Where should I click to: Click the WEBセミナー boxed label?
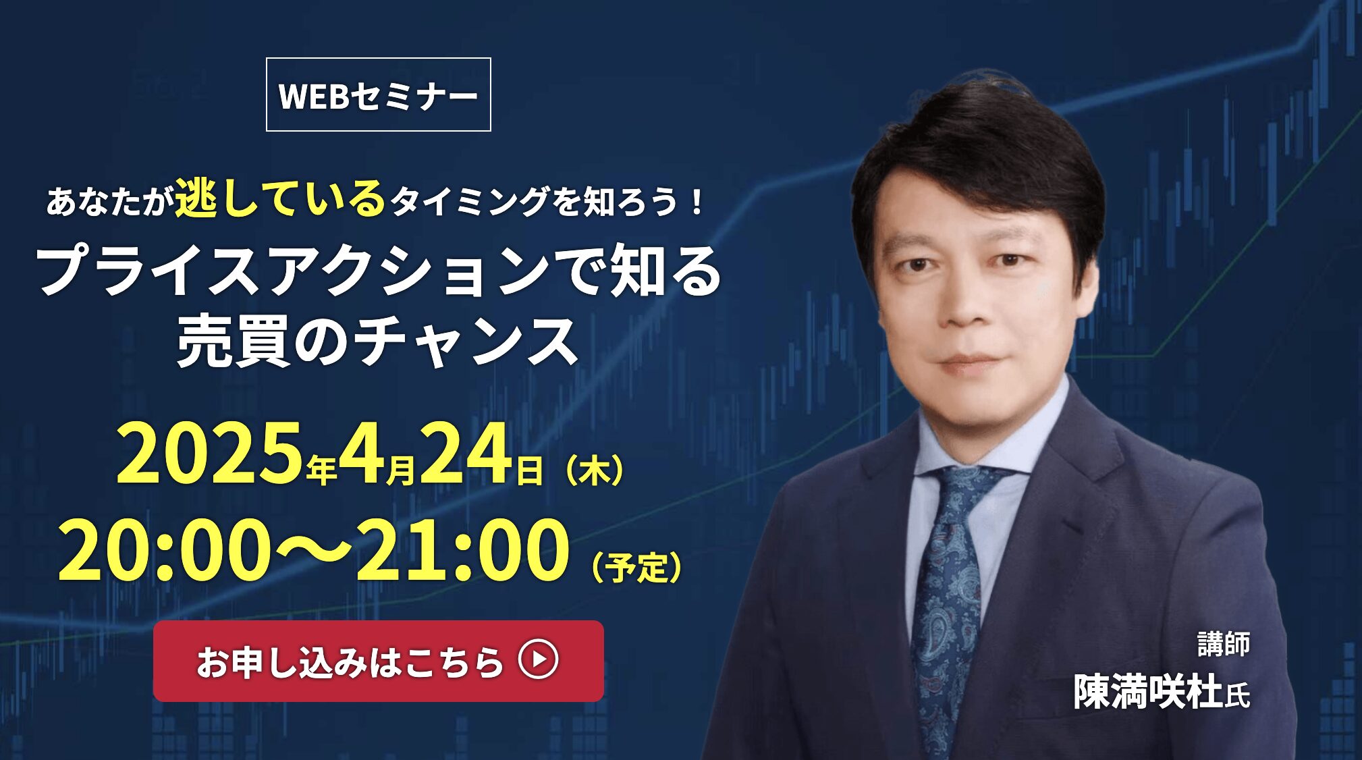pos(379,94)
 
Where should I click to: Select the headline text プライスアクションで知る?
pos(380,271)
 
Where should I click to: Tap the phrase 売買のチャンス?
pos(378,342)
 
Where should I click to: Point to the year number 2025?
pos(209,453)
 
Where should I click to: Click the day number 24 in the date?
pos(466,453)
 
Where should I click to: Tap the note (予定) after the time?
pos(636,567)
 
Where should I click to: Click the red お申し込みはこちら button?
pos(379,661)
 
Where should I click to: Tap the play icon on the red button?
pos(538,659)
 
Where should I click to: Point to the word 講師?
pos(1224,644)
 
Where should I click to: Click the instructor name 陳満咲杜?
pos(1148,691)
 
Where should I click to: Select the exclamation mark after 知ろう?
pos(697,202)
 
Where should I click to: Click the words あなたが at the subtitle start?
pos(107,202)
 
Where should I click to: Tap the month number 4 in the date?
pos(362,453)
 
